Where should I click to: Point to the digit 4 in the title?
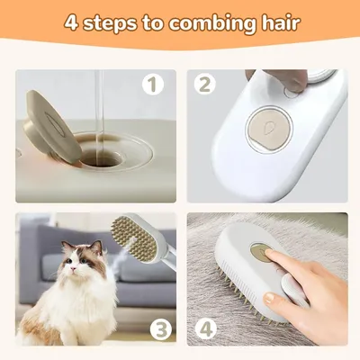click(x=71, y=22)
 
